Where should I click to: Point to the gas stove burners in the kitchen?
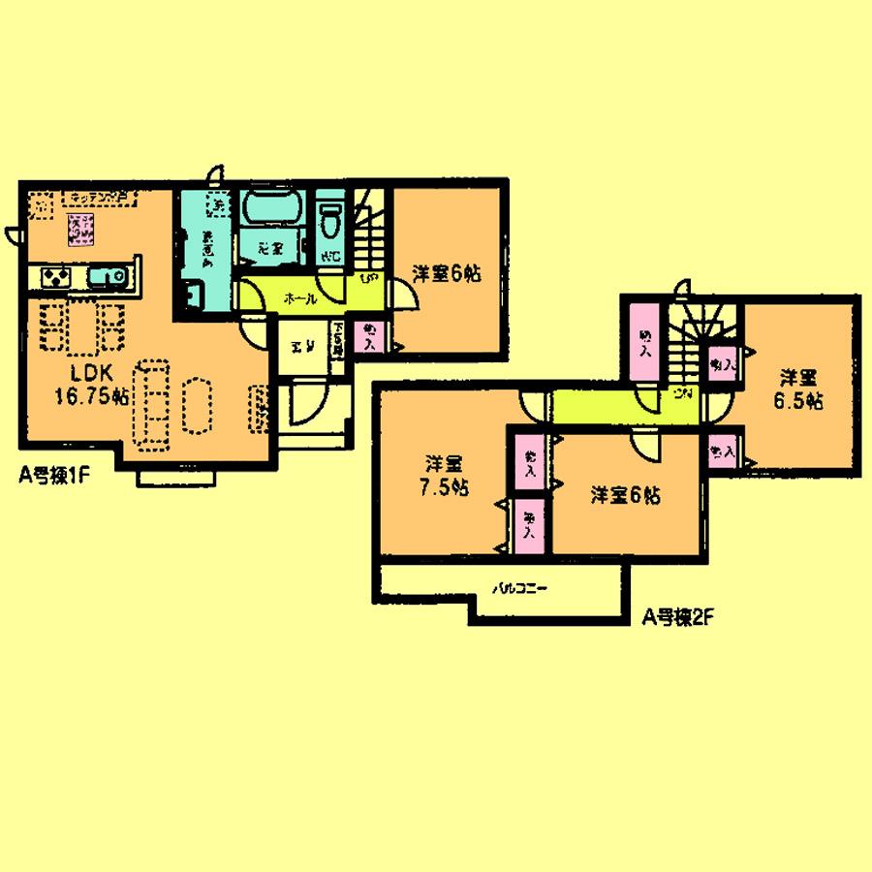click(x=54, y=278)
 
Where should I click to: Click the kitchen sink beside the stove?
click(x=105, y=278)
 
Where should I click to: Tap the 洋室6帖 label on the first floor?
click(x=446, y=275)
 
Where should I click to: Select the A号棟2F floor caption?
click(x=674, y=614)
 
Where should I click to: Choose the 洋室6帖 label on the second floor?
click(x=627, y=496)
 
